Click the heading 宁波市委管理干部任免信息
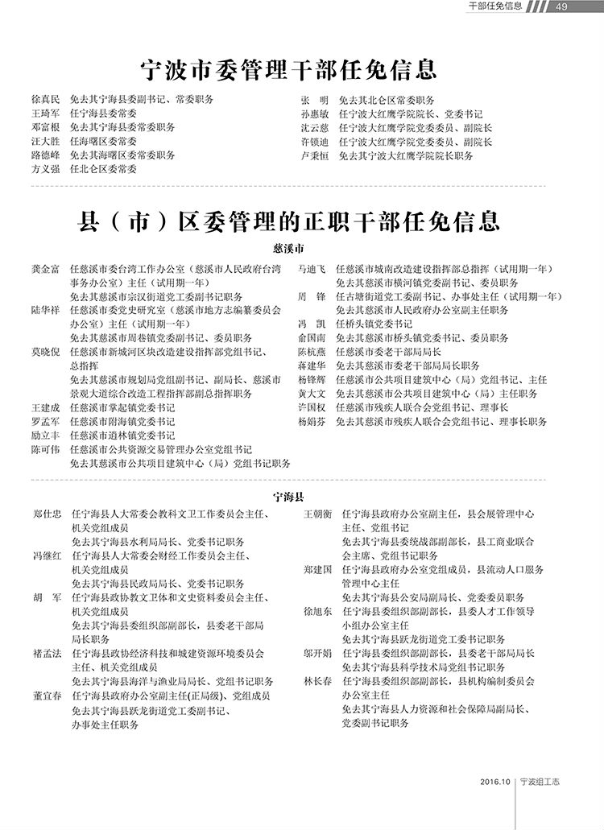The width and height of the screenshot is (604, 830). pos(288,70)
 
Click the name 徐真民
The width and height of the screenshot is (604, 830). pos(45,101)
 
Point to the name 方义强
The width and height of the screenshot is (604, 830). pos(45,169)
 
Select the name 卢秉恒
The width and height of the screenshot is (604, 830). pos(315,155)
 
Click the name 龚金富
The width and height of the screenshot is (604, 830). pos(45,269)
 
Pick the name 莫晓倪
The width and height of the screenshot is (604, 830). pos(45,352)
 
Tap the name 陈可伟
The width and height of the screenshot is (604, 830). pos(45,449)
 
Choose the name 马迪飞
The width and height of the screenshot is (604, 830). pos(312,269)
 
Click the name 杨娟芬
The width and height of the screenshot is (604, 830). pos(312,421)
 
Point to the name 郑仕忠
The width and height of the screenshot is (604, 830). pos(48,514)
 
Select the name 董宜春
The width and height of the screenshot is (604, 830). pos(48,695)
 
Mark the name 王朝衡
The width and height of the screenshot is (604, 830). pos(317,514)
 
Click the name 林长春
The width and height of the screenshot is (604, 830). pos(317,680)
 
